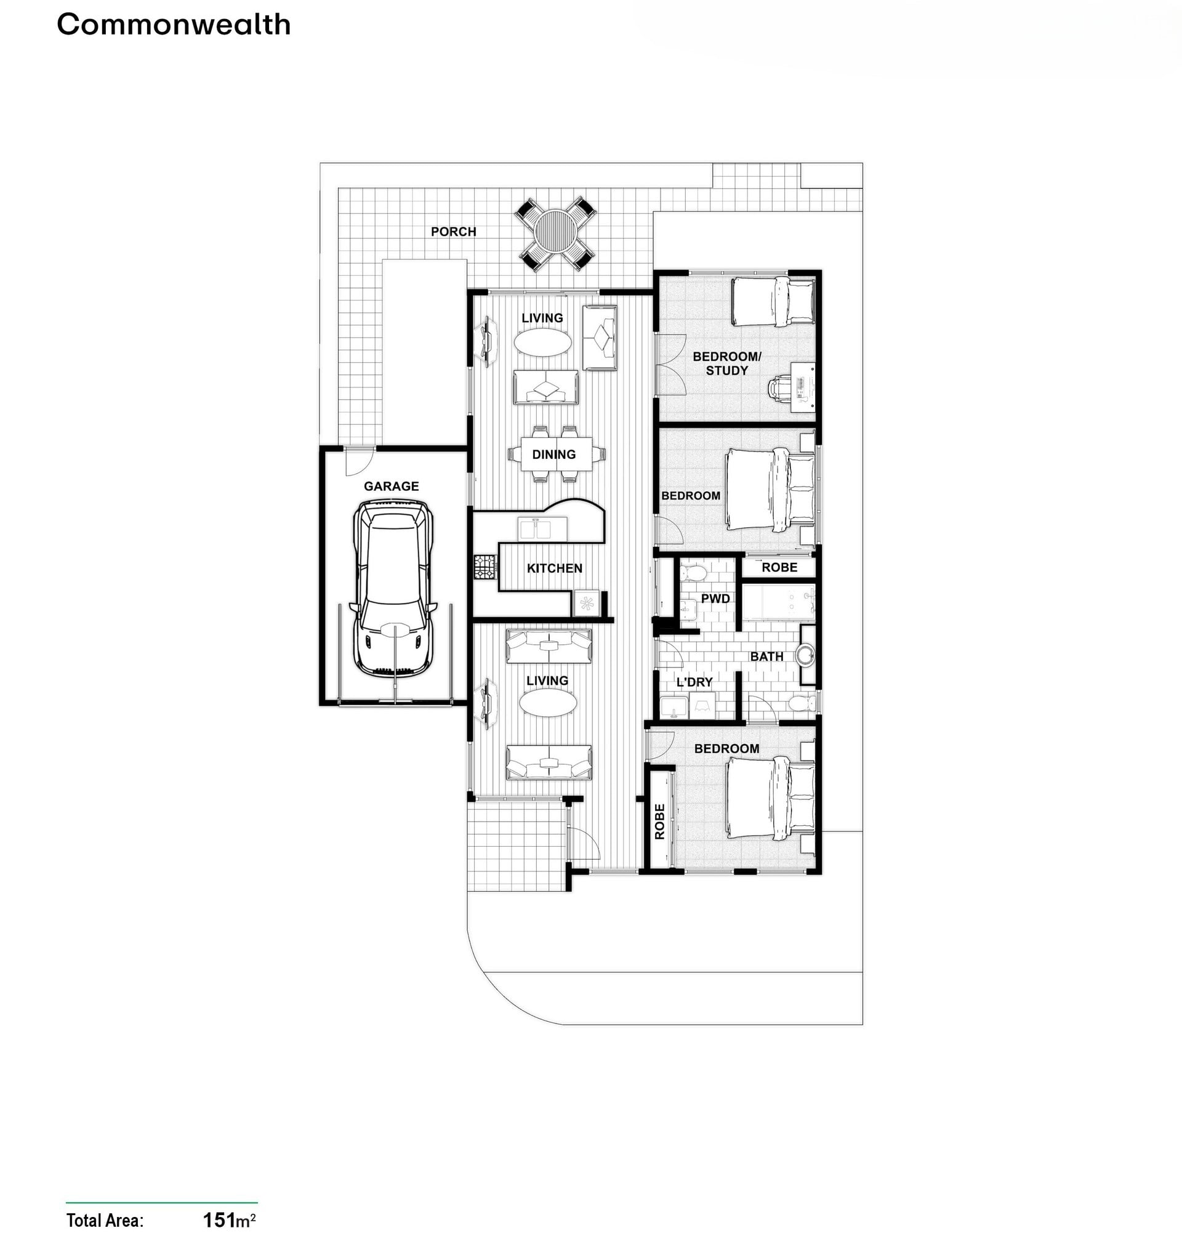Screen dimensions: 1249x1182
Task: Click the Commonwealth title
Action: [x=173, y=25]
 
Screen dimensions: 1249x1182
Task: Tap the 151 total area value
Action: [x=219, y=1220]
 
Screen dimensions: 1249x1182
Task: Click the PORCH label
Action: [x=453, y=232]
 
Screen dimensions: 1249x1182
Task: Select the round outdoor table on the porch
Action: [x=555, y=232]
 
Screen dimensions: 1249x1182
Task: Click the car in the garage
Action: [x=393, y=588]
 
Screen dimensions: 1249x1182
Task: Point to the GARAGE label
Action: [x=391, y=486]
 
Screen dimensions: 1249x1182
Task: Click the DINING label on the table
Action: [x=553, y=455]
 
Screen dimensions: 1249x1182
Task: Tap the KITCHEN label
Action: [x=554, y=568]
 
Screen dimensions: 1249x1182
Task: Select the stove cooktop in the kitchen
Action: [x=485, y=567]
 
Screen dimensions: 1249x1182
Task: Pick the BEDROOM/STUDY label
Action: [x=726, y=363]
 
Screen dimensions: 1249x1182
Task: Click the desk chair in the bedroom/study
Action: [x=780, y=386]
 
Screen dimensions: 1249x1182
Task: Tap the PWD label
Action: [x=715, y=599]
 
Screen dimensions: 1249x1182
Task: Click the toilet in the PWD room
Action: [x=694, y=572]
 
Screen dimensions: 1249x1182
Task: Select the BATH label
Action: [x=766, y=657]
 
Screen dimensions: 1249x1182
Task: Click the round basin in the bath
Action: [x=805, y=654]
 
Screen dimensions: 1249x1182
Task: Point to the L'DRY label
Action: [x=694, y=682]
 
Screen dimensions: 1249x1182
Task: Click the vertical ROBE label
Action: [x=660, y=822]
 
